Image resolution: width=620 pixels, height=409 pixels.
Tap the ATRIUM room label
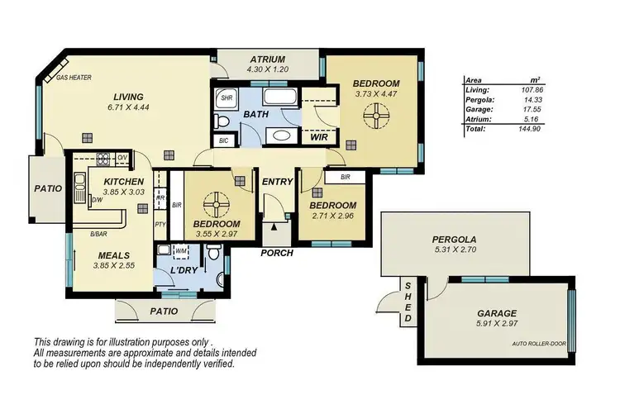coord(268,59)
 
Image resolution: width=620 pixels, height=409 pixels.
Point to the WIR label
coord(321,137)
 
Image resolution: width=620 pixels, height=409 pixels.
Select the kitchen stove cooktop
coord(104,160)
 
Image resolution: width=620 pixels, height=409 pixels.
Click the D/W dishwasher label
coord(96,199)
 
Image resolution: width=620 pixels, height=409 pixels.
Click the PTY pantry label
coord(161,223)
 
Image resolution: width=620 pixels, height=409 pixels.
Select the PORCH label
coord(276,253)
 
